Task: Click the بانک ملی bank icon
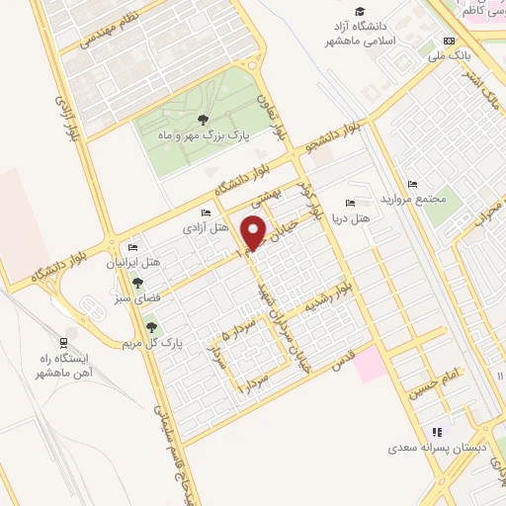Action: [451, 42]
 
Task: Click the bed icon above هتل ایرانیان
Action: [132, 248]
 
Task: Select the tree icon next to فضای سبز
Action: [136, 283]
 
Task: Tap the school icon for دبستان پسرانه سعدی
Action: [436, 432]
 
